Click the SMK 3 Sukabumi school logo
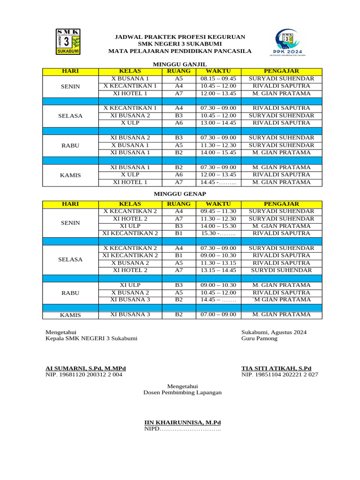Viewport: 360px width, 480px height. (x=68, y=41)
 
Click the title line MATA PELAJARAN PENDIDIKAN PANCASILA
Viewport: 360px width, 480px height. (x=180, y=51)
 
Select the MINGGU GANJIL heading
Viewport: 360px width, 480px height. (x=180, y=64)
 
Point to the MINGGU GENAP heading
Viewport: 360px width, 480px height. (x=180, y=194)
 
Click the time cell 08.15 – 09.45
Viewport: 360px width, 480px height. (x=218, y=79)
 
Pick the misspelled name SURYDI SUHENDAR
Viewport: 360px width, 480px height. (x=281, y=270)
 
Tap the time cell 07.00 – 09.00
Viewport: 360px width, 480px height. (x=218, y=315)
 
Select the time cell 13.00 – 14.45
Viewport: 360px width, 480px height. (x=218, y=123)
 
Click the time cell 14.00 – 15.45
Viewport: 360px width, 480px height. (x=218, y=153)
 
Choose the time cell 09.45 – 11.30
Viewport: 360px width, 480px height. (x=218, y=211)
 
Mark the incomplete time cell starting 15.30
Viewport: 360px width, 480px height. (x=218, y=233)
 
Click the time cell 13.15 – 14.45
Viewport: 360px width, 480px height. (x=218, y=270)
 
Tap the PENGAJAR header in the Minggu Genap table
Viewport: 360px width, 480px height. (x=281, y=204)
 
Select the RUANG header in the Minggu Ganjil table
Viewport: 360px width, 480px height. (x=179, y=71)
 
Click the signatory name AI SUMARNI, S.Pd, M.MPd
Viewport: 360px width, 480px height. (x=85, y=368)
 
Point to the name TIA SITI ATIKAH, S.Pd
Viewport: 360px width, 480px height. (x=276, y=368)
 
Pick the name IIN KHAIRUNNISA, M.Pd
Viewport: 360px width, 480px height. (x=182, y=422)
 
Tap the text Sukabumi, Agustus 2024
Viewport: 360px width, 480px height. (x=274, y=332)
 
